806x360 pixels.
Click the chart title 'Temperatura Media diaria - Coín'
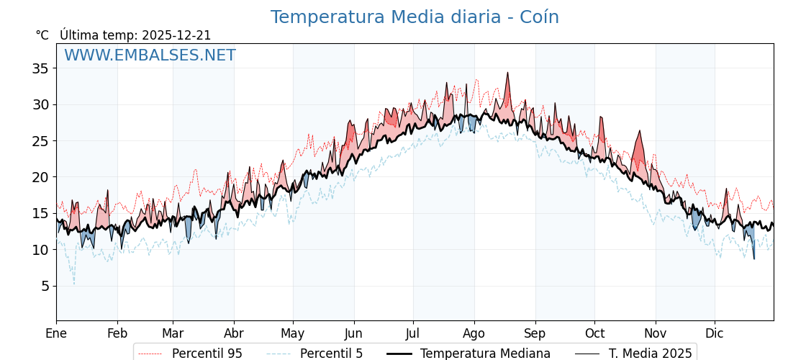pos(415,17)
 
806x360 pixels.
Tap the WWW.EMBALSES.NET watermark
pos(150,55)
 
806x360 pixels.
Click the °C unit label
pos(42,35)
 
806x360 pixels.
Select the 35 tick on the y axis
pos(40,68)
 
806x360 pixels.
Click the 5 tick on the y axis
pos(45,286)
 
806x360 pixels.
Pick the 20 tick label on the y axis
pos(40,177)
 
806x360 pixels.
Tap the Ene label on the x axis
pos(56,334)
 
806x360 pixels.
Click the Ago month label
pos(474,334)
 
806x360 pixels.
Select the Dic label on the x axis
pos(715,334)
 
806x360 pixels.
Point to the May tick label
pos(292,334)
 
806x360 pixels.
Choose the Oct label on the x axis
pos(594,334)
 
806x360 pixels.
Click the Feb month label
pos(117,334)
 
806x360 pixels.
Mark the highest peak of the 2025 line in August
pos(507,73)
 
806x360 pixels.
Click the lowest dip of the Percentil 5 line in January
pos(73,284)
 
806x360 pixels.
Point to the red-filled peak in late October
pos(639,132)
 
